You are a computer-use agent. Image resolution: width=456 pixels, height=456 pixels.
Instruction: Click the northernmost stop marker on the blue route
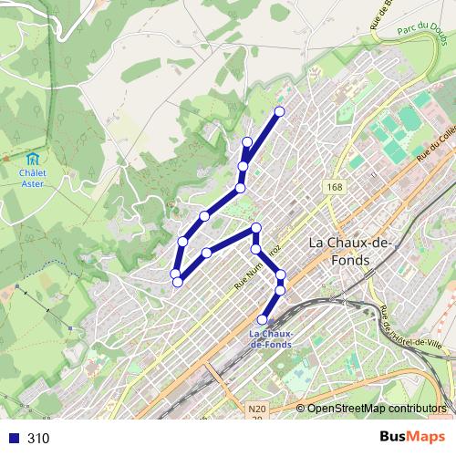click(279, 111)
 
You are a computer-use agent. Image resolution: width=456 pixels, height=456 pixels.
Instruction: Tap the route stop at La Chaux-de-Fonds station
click(263, 319)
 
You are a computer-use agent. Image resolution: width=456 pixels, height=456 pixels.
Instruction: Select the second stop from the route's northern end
click(247, 141)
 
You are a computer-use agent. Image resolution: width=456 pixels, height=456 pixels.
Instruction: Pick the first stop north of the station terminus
click(280, 290)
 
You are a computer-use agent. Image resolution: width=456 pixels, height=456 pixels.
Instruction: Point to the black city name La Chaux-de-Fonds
click(351, 252)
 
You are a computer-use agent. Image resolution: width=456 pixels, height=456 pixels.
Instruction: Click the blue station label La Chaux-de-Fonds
click(271, 339)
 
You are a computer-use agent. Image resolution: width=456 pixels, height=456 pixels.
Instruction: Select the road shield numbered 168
click(335, 186)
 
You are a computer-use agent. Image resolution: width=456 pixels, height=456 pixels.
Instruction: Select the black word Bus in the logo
click(393, 437)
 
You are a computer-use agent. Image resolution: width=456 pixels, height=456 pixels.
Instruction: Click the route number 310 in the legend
click(38, 438)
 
